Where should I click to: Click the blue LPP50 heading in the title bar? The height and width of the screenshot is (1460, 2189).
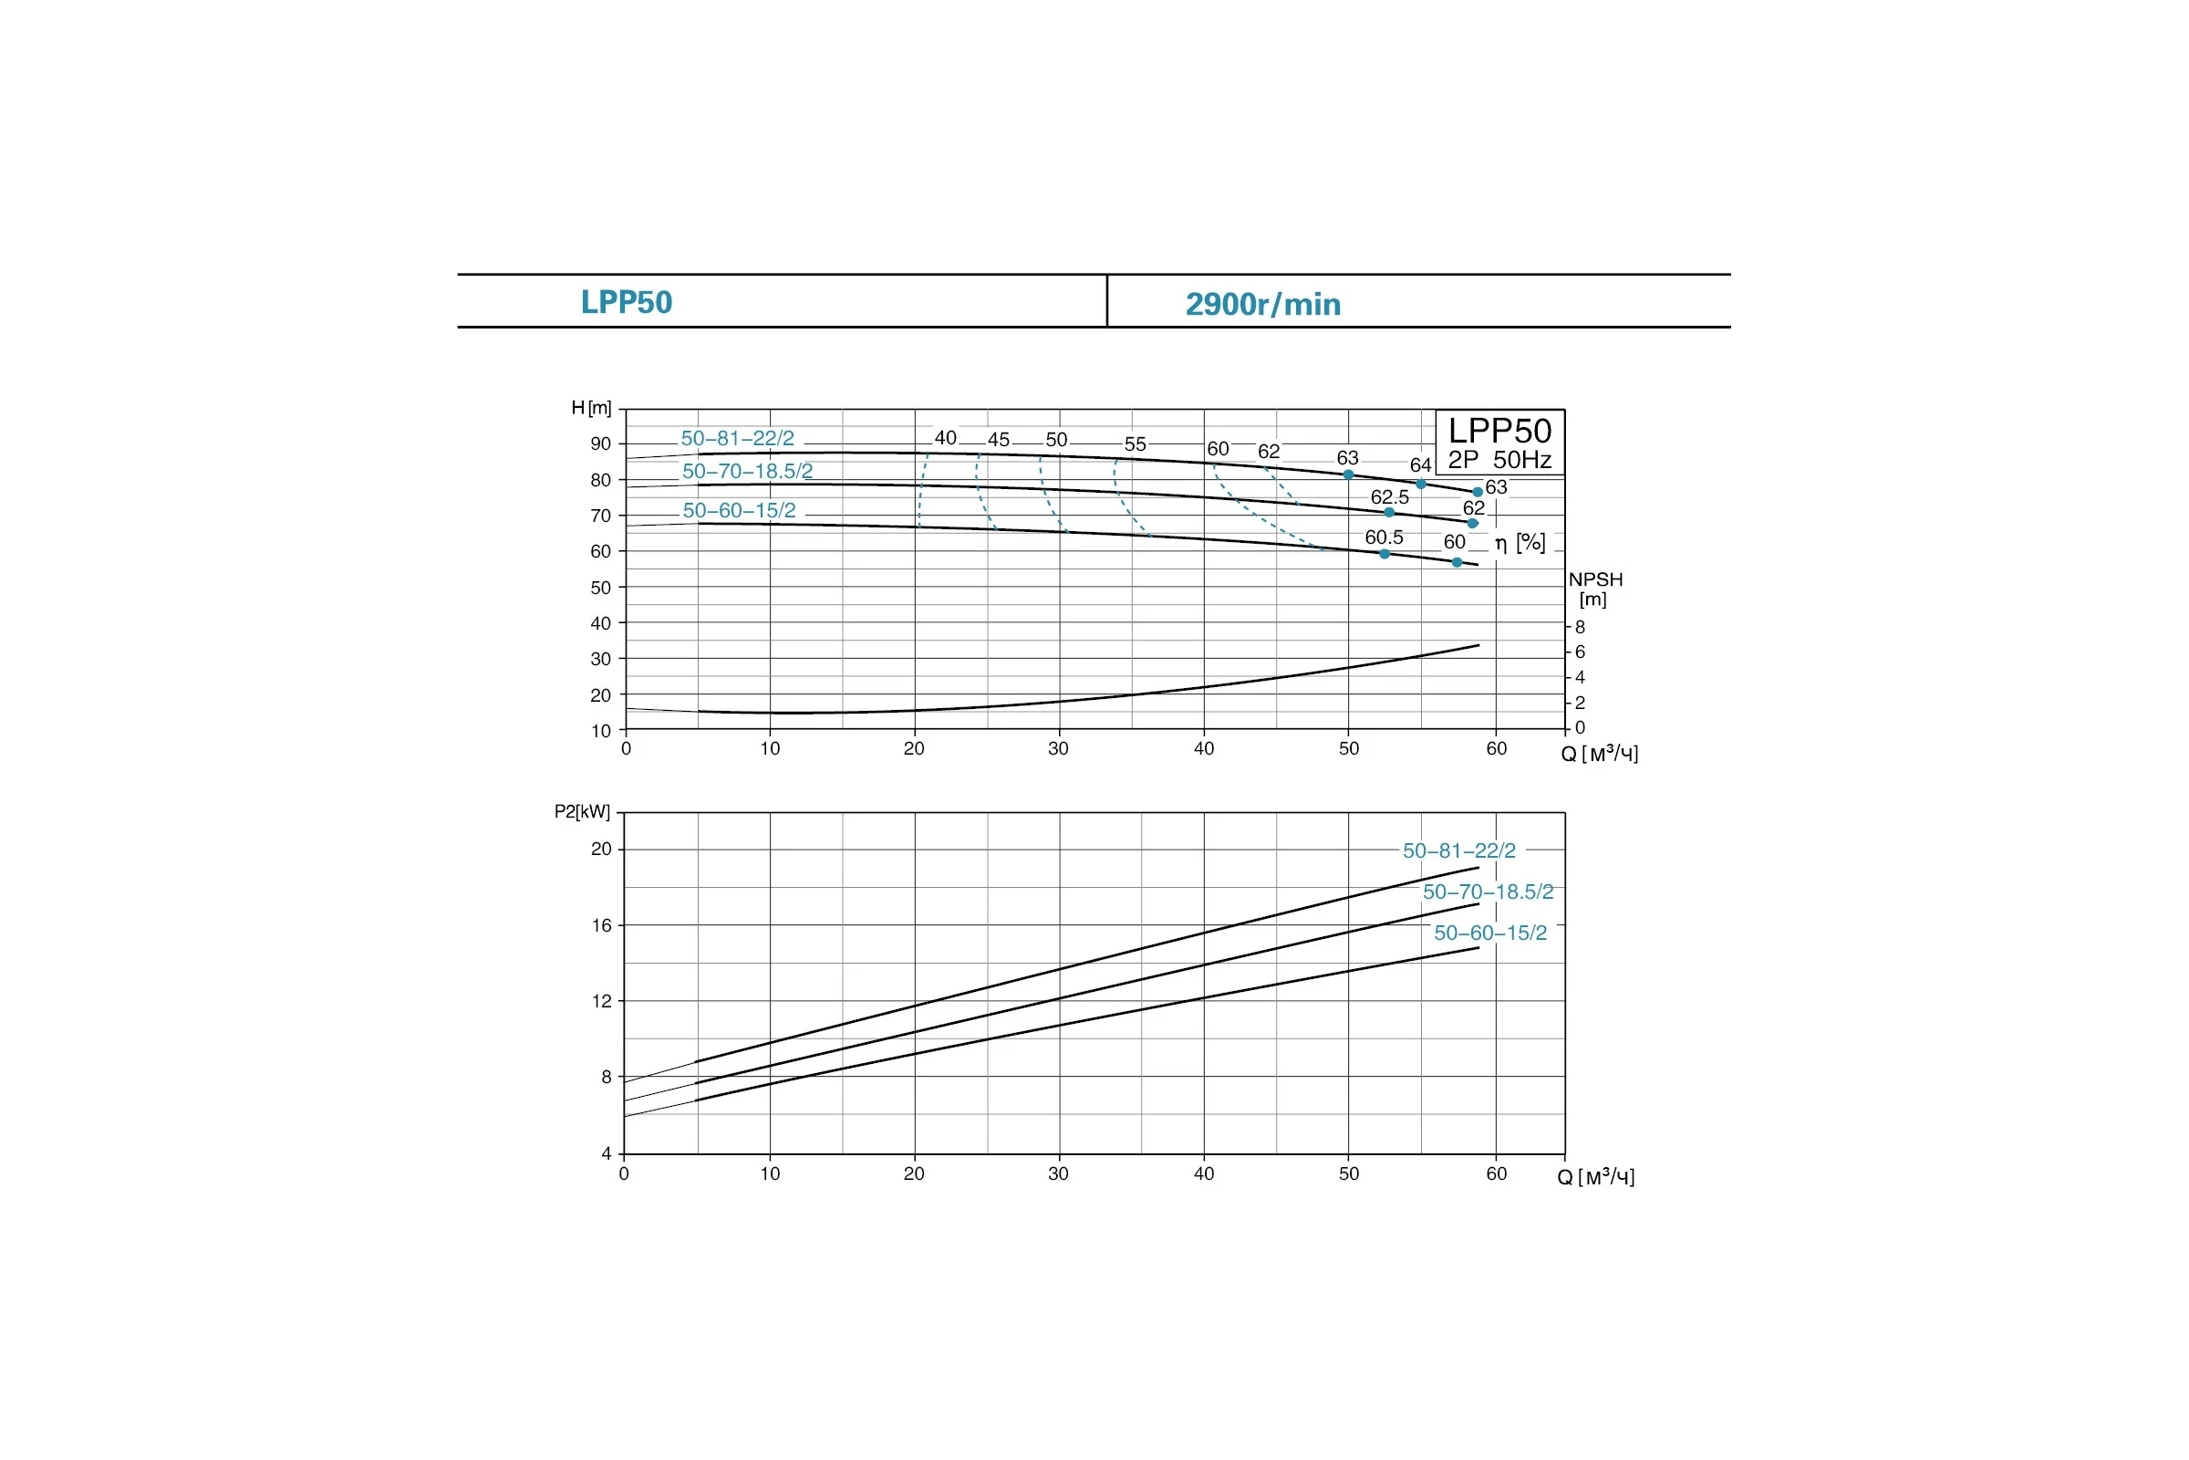coord(627,303)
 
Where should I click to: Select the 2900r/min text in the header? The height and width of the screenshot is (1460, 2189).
coord(1263,305)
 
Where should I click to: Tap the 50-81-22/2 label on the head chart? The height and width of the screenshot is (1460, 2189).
coord(738,439)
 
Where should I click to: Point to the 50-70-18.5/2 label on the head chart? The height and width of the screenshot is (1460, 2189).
coord(747,471)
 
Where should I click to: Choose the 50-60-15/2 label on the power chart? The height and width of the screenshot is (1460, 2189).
coord(1490,933)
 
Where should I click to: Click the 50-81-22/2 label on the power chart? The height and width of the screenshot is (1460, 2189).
coord(1459,850)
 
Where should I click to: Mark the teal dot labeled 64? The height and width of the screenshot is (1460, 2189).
coord(1420,485)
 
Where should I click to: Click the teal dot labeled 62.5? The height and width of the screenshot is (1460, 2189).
coord(1389,512)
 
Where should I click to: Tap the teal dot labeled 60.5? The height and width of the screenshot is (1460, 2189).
coord(1384,554)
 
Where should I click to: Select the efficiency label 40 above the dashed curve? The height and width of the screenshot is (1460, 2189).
coord(946,438)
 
